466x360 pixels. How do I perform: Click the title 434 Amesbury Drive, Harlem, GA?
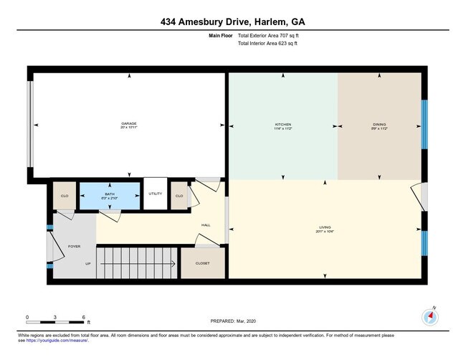coord(233,22)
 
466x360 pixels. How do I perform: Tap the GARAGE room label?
coord(128,124)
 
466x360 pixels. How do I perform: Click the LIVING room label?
coord(326,229)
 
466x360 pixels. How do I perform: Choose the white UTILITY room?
coord(156,194)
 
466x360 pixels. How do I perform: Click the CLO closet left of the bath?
coord(64,196)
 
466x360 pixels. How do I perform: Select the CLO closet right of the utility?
coord(179,196)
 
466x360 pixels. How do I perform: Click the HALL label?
coord(206,225)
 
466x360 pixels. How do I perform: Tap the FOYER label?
coord(74,246)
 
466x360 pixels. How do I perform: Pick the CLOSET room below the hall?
coord(203,264)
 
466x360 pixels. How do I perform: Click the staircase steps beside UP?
coord(136,263)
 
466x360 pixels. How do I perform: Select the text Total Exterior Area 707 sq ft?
coord(267,35)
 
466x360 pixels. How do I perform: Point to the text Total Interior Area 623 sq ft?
coord(267,43)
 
